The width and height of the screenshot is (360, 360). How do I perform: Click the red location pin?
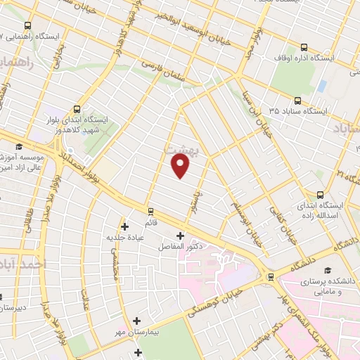pos(181,165)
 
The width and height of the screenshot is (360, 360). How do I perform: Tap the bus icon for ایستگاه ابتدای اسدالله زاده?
pos(320,195)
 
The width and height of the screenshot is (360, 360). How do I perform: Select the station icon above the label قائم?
pos(150,210)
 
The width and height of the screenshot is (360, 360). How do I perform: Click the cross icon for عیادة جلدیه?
pos(124,226)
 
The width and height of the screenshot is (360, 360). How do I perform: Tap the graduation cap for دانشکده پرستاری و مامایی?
pos(328,270)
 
